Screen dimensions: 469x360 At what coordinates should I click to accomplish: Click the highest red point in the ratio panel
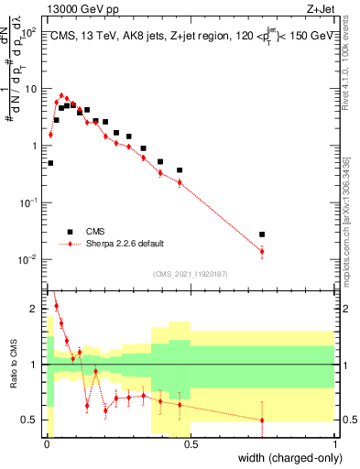pyautogui.click(x=56, y=306)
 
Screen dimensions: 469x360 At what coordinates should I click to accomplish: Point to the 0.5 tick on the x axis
pyautogui.click(x=191, y=443)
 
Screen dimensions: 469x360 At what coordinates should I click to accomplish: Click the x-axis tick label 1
pyautogui.click(x=334, y=443)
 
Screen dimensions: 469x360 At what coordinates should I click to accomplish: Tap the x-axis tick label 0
pyautogui.click(x=47, y=443)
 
